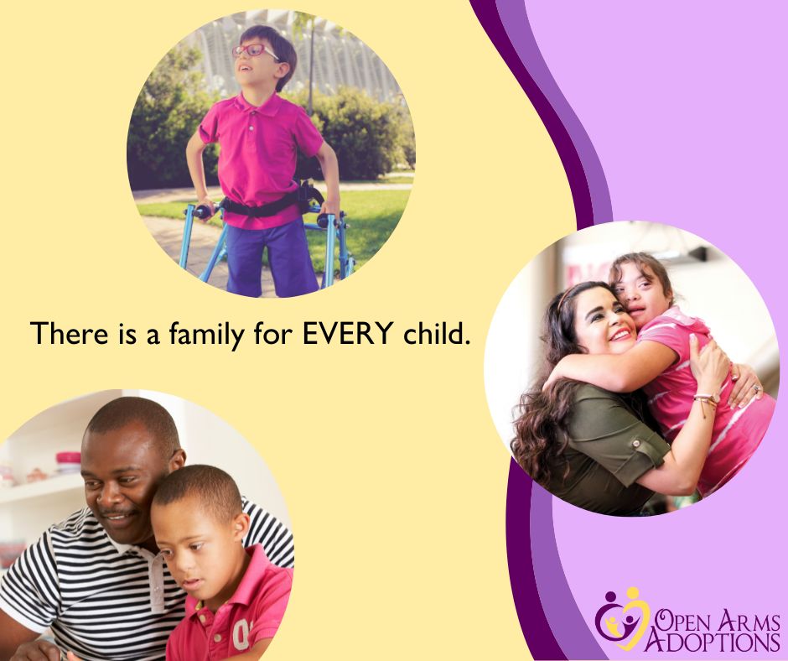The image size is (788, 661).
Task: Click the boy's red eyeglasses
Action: pyautogui.click(x=252, y=50)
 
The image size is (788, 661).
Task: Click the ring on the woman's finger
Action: pyautogui.click(x=755, y=388)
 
